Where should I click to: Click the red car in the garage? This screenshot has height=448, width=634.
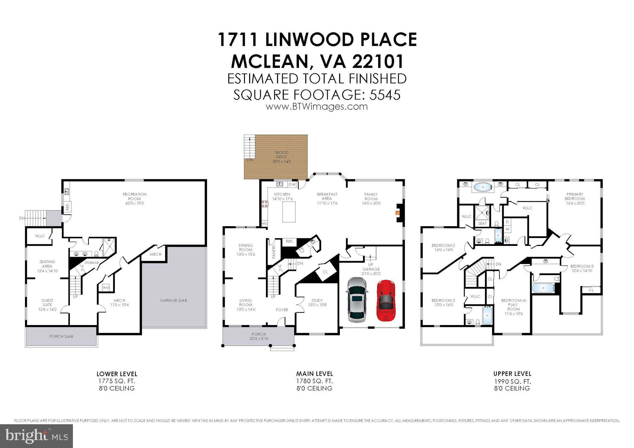tap(385, 300)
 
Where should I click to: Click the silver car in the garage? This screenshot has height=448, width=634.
tap(357, 299)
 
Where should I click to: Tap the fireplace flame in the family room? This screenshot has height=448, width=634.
tap(397, 213)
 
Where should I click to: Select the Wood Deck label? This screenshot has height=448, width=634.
tap(281, 157)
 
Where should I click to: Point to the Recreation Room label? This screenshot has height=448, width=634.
tap(135, 198)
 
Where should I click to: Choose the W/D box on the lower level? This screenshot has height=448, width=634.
tap(106, 288)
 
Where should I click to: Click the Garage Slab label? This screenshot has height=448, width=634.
tap(173, 300)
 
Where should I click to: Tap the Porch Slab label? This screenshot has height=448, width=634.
tap(61, 336)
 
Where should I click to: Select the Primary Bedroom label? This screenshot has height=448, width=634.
tap(575, 198)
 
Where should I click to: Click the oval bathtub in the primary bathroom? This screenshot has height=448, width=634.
tap(483, 187)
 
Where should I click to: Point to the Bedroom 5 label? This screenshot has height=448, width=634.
tap(582, 268)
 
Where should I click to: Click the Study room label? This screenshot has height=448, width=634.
tap(317, 302)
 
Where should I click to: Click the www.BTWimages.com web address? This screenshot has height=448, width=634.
tap(317, 107)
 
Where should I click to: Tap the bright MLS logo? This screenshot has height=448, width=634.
tap(36, 436)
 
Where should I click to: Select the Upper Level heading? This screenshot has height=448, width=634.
tap(512, 374)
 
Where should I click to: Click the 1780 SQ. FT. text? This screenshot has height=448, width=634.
tap(314, 381)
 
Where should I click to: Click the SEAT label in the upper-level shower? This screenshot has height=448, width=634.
tap(482, 223)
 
